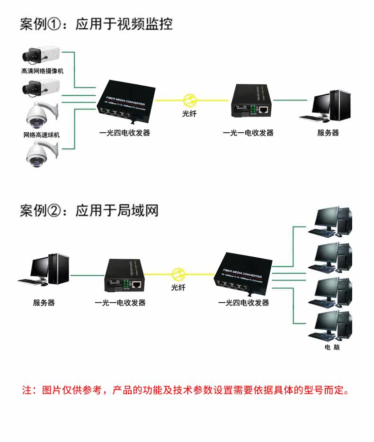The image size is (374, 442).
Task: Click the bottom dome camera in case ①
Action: [x=40, y=154]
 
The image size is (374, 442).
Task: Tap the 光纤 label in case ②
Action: [x=178, y=288]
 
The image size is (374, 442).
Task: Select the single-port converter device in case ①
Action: [x=249, y=101]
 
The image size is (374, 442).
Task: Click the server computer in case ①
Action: [x=328, y=105]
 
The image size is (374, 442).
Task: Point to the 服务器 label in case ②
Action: [x=44, y=302]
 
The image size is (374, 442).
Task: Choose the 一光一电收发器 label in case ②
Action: [x=120, y=303]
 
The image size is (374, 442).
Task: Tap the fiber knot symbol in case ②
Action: [x=178, y=274]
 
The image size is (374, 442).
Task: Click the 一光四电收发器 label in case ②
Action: [x=243, y=303]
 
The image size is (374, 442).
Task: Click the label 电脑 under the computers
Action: [x=332, y=348]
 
